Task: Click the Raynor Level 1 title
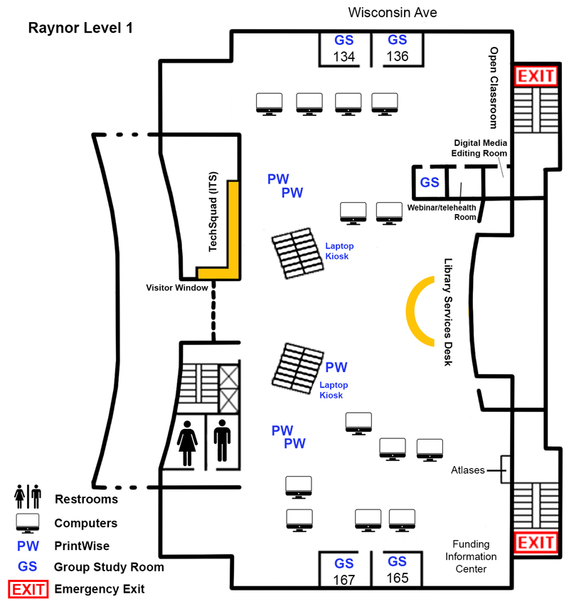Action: [80, 28]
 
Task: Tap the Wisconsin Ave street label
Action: [392, 13]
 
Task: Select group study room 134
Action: [344, 48]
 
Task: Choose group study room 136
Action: [397, 48]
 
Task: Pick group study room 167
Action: [344, 571]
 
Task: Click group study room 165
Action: [397, 569]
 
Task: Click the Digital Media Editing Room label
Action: [479, 148]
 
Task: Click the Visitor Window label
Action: [177, 288]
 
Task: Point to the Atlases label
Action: [467, 470]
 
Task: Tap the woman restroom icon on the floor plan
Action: [188, 442]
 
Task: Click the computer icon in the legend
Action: [28, 523]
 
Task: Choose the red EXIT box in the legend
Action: [28, 589]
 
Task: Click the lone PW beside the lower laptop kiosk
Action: [336, 368]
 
